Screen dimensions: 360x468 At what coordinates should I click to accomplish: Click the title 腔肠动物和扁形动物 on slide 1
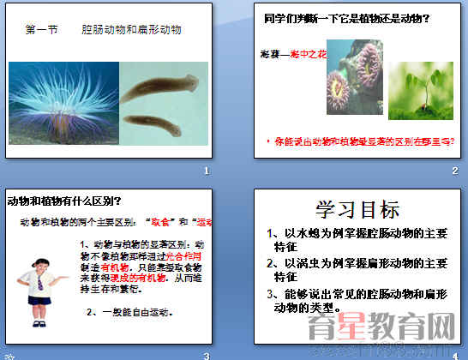pos(131,29)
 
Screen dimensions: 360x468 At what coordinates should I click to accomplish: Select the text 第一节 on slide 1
pos(42,29)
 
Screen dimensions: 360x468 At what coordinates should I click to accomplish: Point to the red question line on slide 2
pos(361,140)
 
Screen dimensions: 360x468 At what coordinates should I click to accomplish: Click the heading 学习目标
pos(357,211)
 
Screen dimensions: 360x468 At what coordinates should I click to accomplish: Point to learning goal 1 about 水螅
pos(360,237)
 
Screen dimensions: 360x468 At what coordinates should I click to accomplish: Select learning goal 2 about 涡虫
pos(360,269)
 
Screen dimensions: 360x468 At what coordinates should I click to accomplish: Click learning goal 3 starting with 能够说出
pos(360,300)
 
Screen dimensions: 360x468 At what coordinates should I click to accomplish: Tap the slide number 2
pos(455,171)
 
